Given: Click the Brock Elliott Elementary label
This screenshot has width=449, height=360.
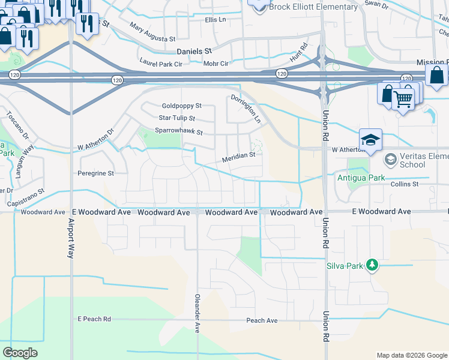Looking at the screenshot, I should [313, 7].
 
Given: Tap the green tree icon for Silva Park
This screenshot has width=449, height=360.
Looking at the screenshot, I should [372, 265].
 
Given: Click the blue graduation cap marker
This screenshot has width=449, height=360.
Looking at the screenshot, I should [370, 140].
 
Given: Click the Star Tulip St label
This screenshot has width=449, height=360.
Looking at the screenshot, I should [176, 118].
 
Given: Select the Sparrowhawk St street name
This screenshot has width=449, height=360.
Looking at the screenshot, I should [179, 132].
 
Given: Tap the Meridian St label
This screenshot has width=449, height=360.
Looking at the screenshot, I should [239, 155].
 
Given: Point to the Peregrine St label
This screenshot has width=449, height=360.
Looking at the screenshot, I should [95, 173].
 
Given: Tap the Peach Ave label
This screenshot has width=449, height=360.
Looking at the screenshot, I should [262, 320].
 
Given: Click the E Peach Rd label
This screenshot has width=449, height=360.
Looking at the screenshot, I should [94, 319].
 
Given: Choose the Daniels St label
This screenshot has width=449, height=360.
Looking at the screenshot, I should [194, 52].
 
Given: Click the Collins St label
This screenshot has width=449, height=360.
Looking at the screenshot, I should [404, 184].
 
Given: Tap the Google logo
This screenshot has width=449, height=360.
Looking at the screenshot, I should [20, 353].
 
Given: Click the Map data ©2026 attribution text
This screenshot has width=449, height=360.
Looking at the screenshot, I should [411, 355].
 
